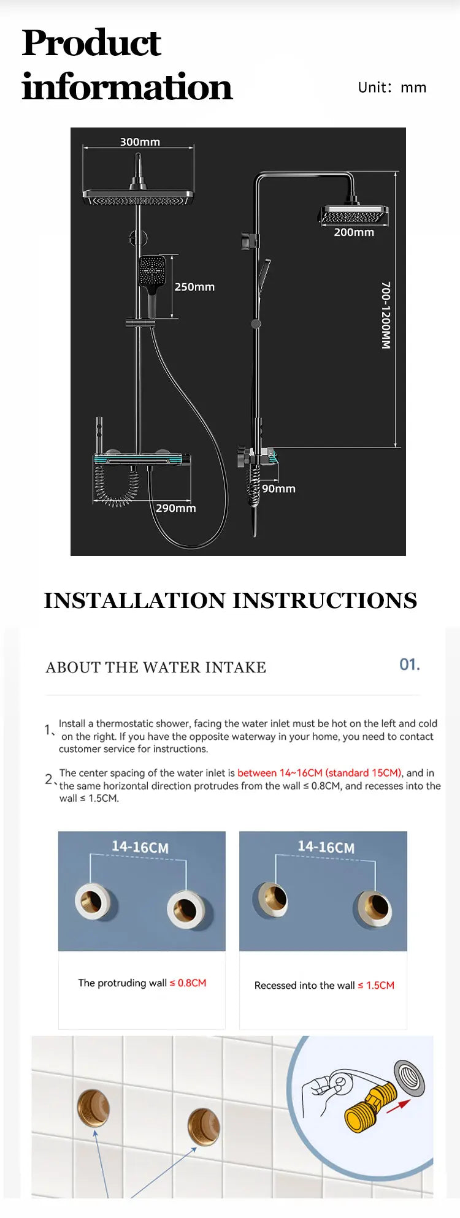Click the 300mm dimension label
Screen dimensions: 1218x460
140,142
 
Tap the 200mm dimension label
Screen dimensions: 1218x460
354,232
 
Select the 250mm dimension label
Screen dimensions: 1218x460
194,287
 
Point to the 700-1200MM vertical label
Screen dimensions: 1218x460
386,315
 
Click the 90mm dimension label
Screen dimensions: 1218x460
279,489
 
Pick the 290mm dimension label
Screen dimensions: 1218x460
175,508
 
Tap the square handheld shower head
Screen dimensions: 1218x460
152,271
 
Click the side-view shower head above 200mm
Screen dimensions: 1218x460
354,215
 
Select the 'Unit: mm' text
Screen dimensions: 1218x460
392,88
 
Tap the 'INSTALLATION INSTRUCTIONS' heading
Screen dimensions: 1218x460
230,600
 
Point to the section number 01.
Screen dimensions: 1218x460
410,664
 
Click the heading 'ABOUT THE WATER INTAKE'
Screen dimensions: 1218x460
156,668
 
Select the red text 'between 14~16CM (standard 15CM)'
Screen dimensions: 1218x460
320,773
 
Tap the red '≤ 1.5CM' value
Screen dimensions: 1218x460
376,985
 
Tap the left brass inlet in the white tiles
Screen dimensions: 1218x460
93,1107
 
